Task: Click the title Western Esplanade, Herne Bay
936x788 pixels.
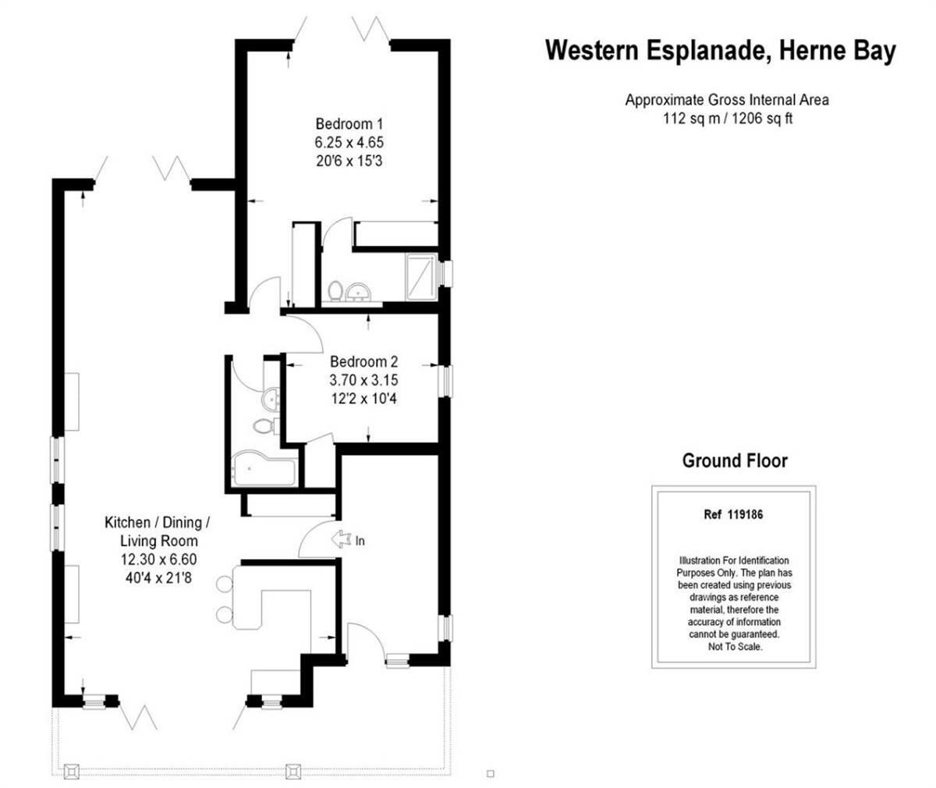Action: [x=720, y=51]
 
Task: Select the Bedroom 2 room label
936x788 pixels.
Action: [x=363, y=362]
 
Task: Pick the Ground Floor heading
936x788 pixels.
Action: [x=734, y=460]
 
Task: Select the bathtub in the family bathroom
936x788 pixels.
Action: [x=263, y=470]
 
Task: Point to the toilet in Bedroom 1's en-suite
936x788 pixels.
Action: [x=335, y=290]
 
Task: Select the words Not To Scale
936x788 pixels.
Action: [x=733, y=647]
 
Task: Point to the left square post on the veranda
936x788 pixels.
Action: [x=73, y=770]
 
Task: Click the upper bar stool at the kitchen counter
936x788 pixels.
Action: [x=225, y=584]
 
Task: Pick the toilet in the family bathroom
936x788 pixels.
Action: [x=262, y=425]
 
